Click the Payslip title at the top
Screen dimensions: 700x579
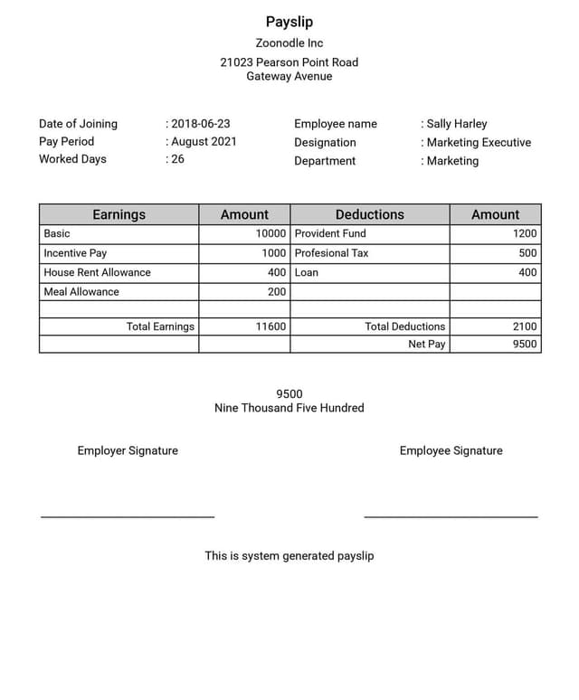coord(289,22)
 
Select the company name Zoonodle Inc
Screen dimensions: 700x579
coord(289,43)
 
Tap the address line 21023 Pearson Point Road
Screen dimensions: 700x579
coord(289,62)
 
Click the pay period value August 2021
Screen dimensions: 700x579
coord(204,142)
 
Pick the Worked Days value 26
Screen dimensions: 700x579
coord(177,159)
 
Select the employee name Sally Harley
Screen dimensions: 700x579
coord(457,124)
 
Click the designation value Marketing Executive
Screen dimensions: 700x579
coord(479,142)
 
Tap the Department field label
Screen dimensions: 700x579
coord(325,161)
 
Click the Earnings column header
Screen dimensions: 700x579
coord(119,214)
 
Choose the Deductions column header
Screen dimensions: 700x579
coord(369,214)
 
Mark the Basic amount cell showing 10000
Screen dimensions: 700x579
coord(271,233)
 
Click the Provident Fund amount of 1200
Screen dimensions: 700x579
coord(525,233)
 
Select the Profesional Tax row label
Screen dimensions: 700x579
coord(332,253)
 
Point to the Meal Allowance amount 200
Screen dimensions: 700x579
coord(277,291)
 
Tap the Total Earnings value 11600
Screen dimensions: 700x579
coord(271,326)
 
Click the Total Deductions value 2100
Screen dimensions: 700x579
coord(525,326)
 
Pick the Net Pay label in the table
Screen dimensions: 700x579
coord(427,344)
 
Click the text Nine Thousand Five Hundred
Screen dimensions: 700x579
coord(289,408)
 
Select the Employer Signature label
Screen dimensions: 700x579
coord(128,450)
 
